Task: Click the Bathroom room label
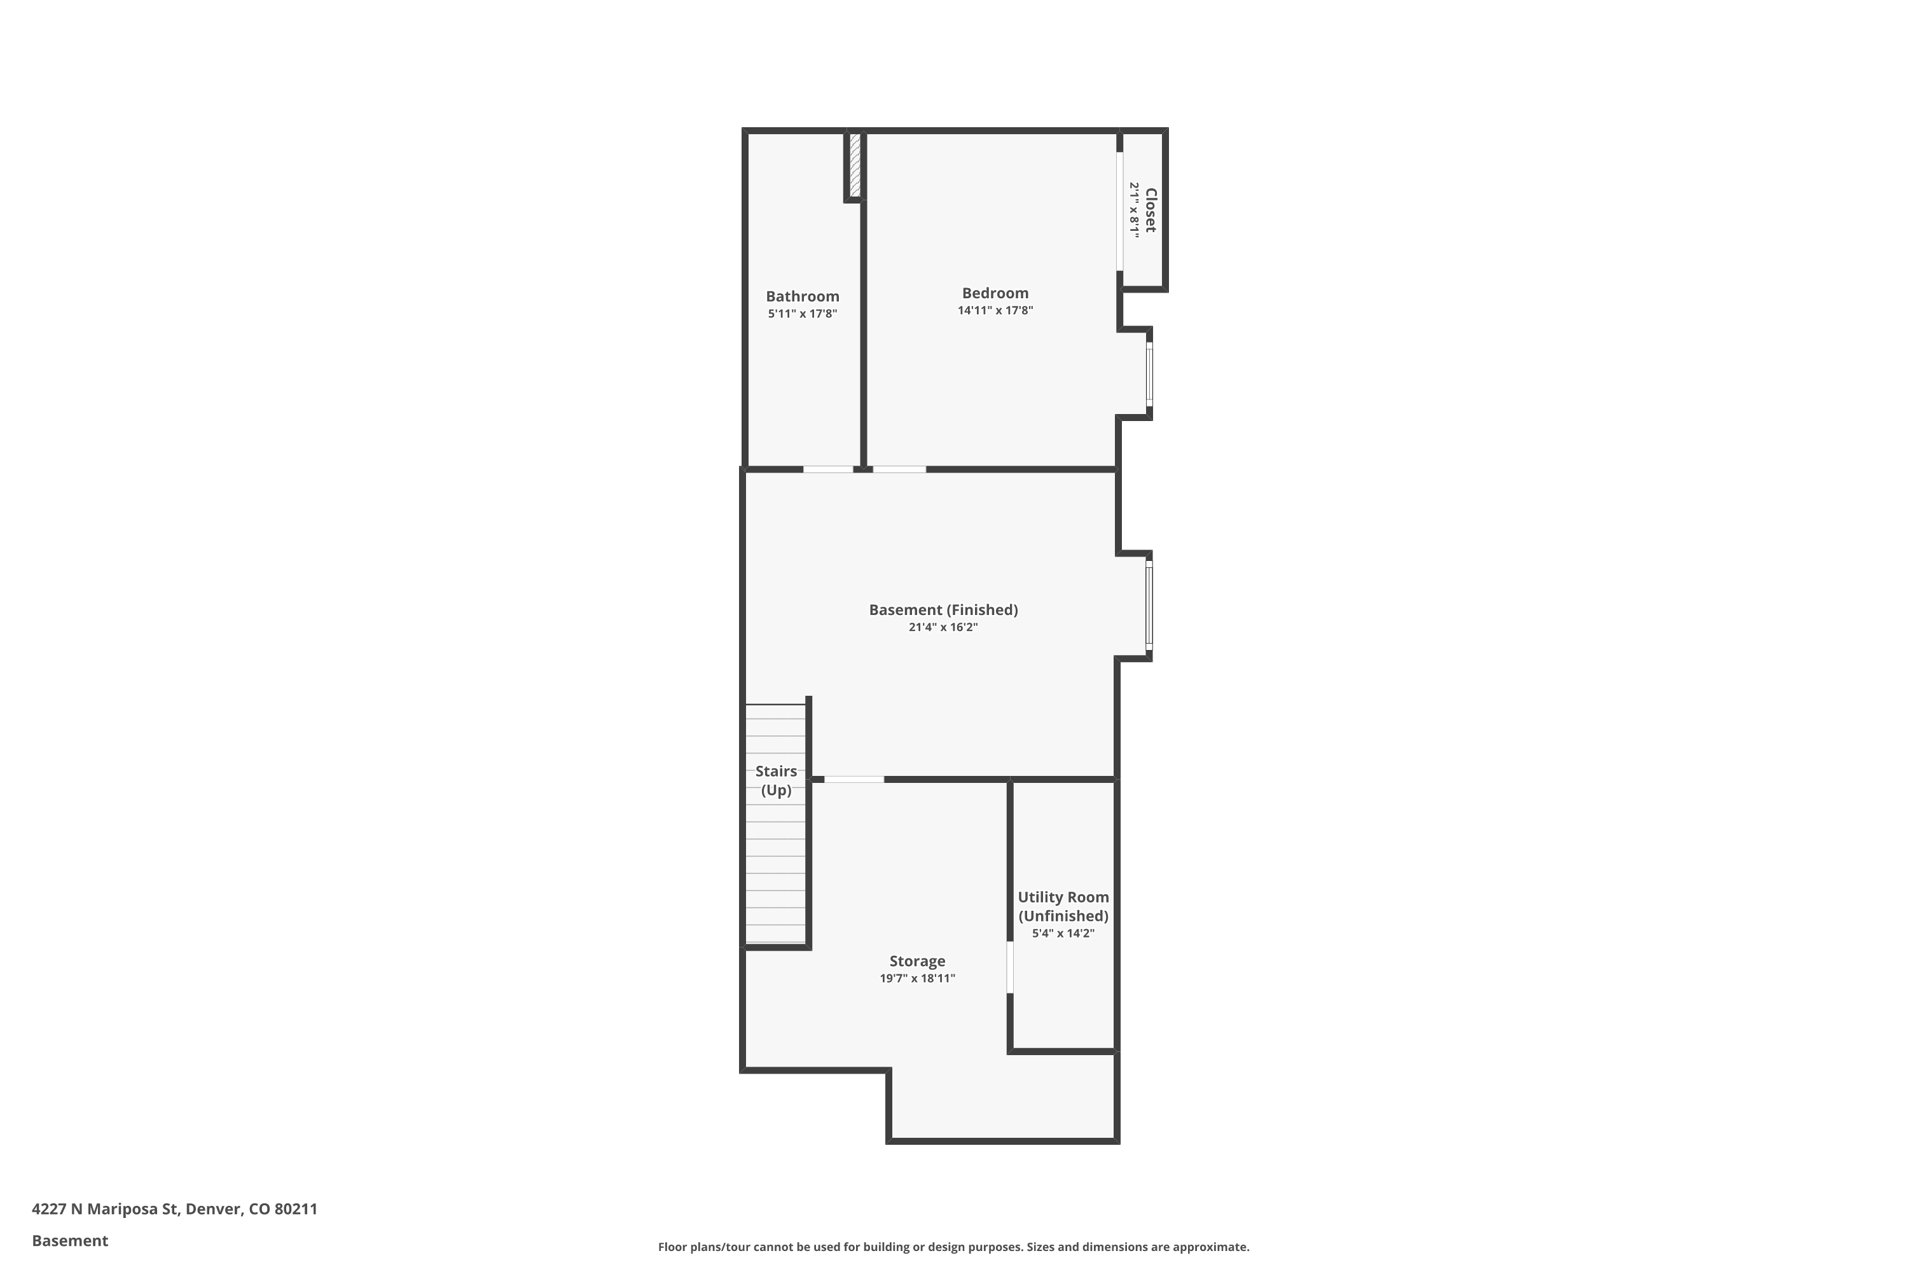(x=801, y=297)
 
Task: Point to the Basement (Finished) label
(x=943, y=610)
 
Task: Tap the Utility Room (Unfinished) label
(x=1063, y=906)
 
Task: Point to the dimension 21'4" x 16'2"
(x=943, y=627)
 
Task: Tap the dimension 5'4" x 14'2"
(x=1063, y=934)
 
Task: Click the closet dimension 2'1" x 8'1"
(x=1135, y=210)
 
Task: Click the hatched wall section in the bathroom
(x=854, y=165)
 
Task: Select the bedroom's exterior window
(x=1149, y=373)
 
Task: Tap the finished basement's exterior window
(x=1149, y=606)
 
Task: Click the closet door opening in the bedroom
(x=1119, y=211)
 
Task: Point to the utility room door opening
(x=1010, y=966)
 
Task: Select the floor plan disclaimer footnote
(x=953, y=1247)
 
